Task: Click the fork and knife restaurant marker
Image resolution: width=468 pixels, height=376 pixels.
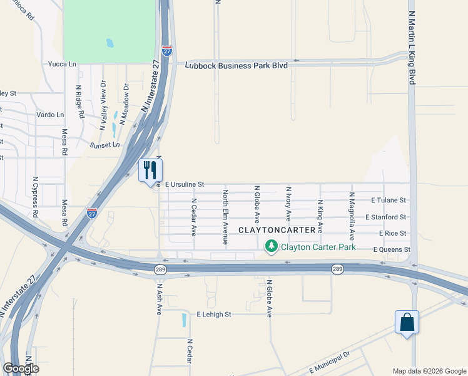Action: pos(150,170)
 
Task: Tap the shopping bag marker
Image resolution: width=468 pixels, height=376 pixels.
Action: pos(407,322)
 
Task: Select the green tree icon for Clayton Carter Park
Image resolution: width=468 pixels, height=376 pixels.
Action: pos(272,246)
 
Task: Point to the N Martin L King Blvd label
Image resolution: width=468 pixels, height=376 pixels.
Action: pos(412,48)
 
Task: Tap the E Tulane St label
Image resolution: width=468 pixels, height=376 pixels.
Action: pos(389,201)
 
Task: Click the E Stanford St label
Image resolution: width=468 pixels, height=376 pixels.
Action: pos(386,217)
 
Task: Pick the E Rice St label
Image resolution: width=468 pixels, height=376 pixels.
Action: pos(392,233)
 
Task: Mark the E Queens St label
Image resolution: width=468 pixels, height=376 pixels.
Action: pos(391,249)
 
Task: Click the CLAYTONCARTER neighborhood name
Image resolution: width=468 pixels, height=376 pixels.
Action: pos(277,230)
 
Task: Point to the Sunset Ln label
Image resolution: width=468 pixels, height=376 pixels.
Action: pos(106,145)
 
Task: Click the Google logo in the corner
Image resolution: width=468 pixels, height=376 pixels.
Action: pos(20,368)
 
